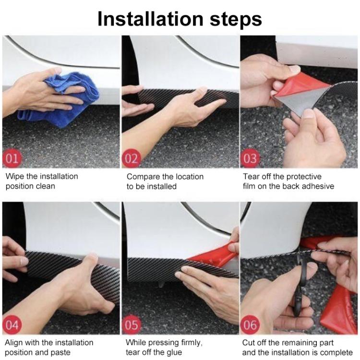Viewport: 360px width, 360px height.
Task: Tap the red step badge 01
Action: coord(13,158)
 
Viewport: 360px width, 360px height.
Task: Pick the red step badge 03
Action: coord(251,158)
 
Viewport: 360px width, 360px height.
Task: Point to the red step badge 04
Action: coord(13,325)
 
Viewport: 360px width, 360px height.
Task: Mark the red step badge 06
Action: coord(251,325)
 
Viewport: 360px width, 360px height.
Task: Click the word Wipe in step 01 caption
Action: coord(15,176)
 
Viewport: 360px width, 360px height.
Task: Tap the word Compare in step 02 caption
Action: coord(143,176)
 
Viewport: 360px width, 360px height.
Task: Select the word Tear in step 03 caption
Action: coord(252,176)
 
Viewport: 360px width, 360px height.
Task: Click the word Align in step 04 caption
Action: coord(15,343)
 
